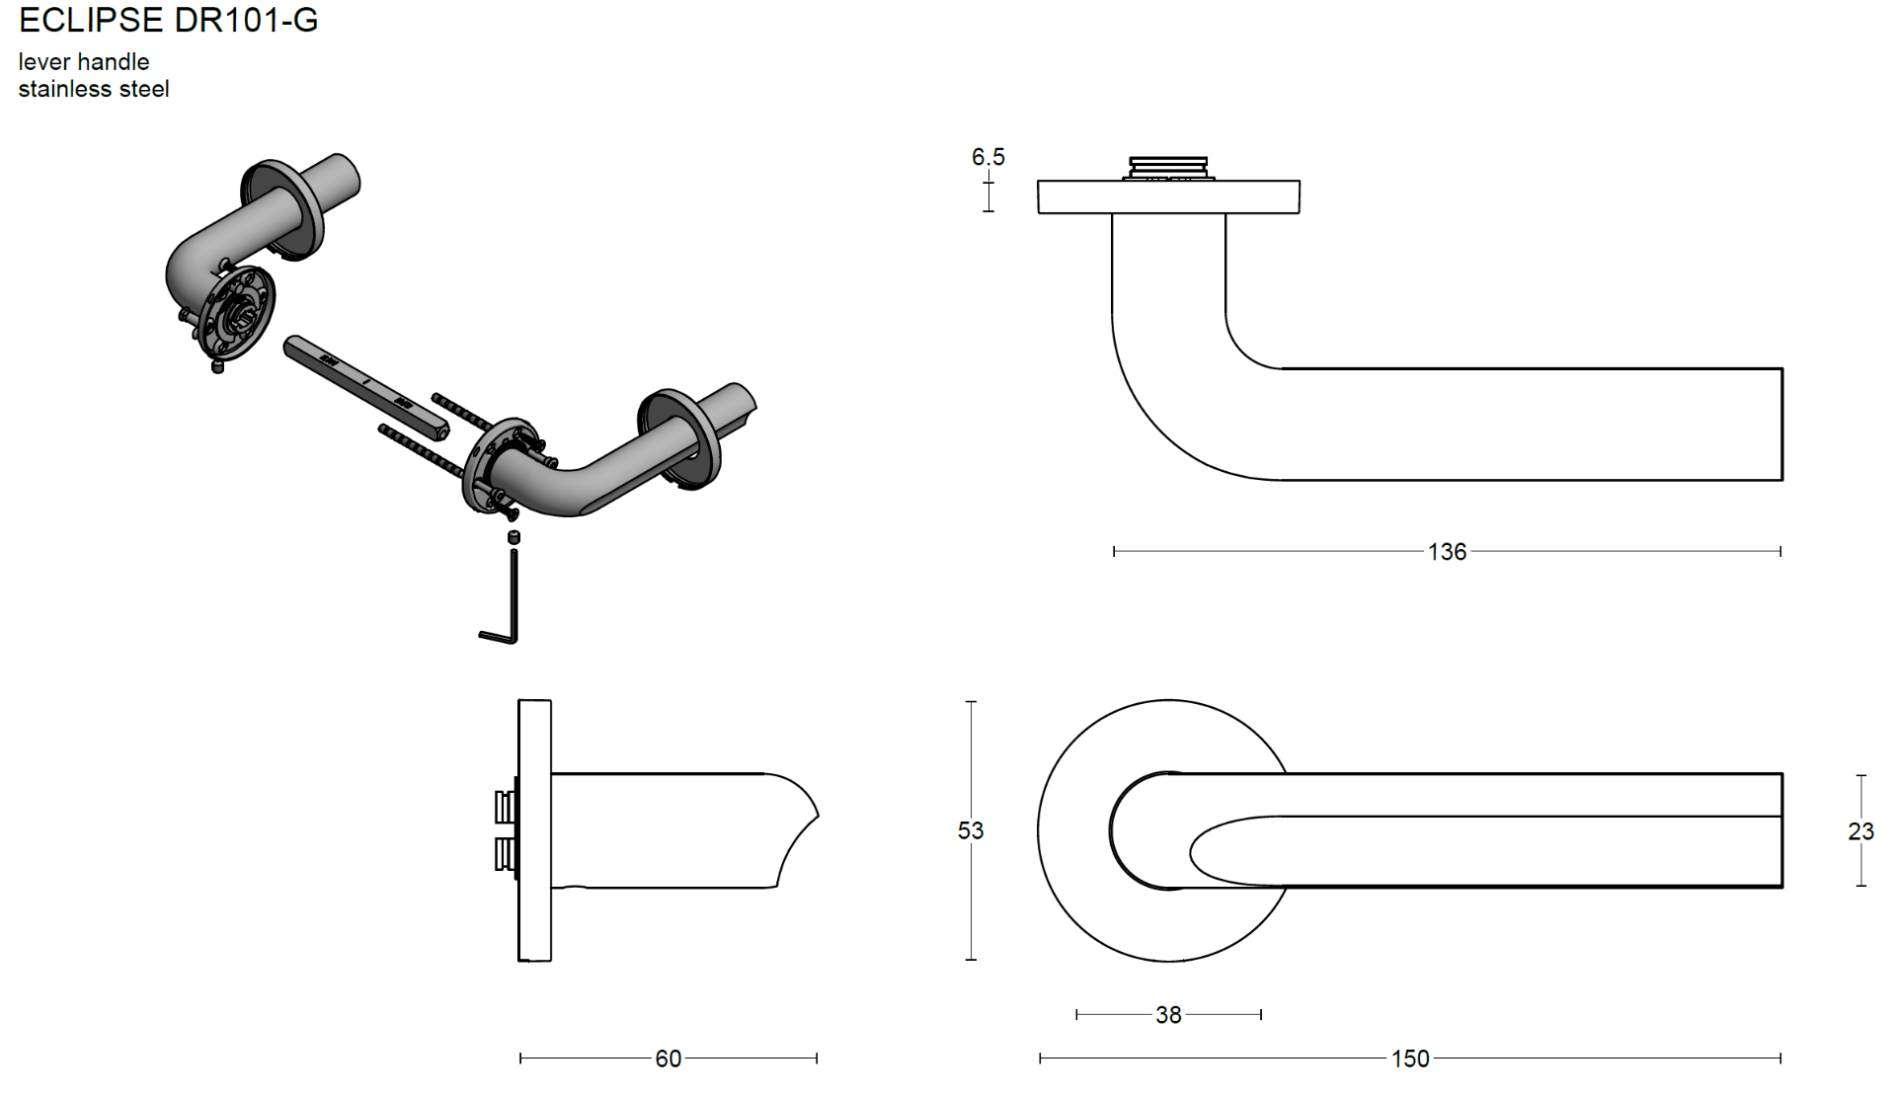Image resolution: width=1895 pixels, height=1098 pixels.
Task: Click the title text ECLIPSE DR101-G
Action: (168, 20)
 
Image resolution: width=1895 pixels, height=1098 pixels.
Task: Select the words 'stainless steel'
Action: (94, 89)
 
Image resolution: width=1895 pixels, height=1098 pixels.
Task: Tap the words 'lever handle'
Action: (84, 61)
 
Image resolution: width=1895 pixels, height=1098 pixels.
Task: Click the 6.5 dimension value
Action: (987, 156)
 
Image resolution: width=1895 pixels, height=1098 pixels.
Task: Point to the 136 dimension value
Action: (1447, 552)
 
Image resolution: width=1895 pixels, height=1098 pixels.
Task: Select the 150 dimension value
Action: (1409, 1059)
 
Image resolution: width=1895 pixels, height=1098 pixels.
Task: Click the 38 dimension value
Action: (1168, 1015)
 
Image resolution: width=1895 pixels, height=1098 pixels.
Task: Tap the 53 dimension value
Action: (970, 830)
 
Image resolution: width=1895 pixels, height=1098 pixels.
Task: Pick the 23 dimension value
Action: (1860, 831)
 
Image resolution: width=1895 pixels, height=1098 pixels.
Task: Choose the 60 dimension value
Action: (668, 1059)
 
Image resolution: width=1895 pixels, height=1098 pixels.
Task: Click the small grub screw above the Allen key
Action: (513, 537)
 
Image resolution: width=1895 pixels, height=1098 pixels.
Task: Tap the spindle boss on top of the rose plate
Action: (1168, 168)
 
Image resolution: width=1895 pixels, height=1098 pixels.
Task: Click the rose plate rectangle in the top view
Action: (1168, 196)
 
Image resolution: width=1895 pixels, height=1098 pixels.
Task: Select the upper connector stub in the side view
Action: (506, 806)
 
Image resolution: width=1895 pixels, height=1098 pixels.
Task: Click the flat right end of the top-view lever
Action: (1781, 425)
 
